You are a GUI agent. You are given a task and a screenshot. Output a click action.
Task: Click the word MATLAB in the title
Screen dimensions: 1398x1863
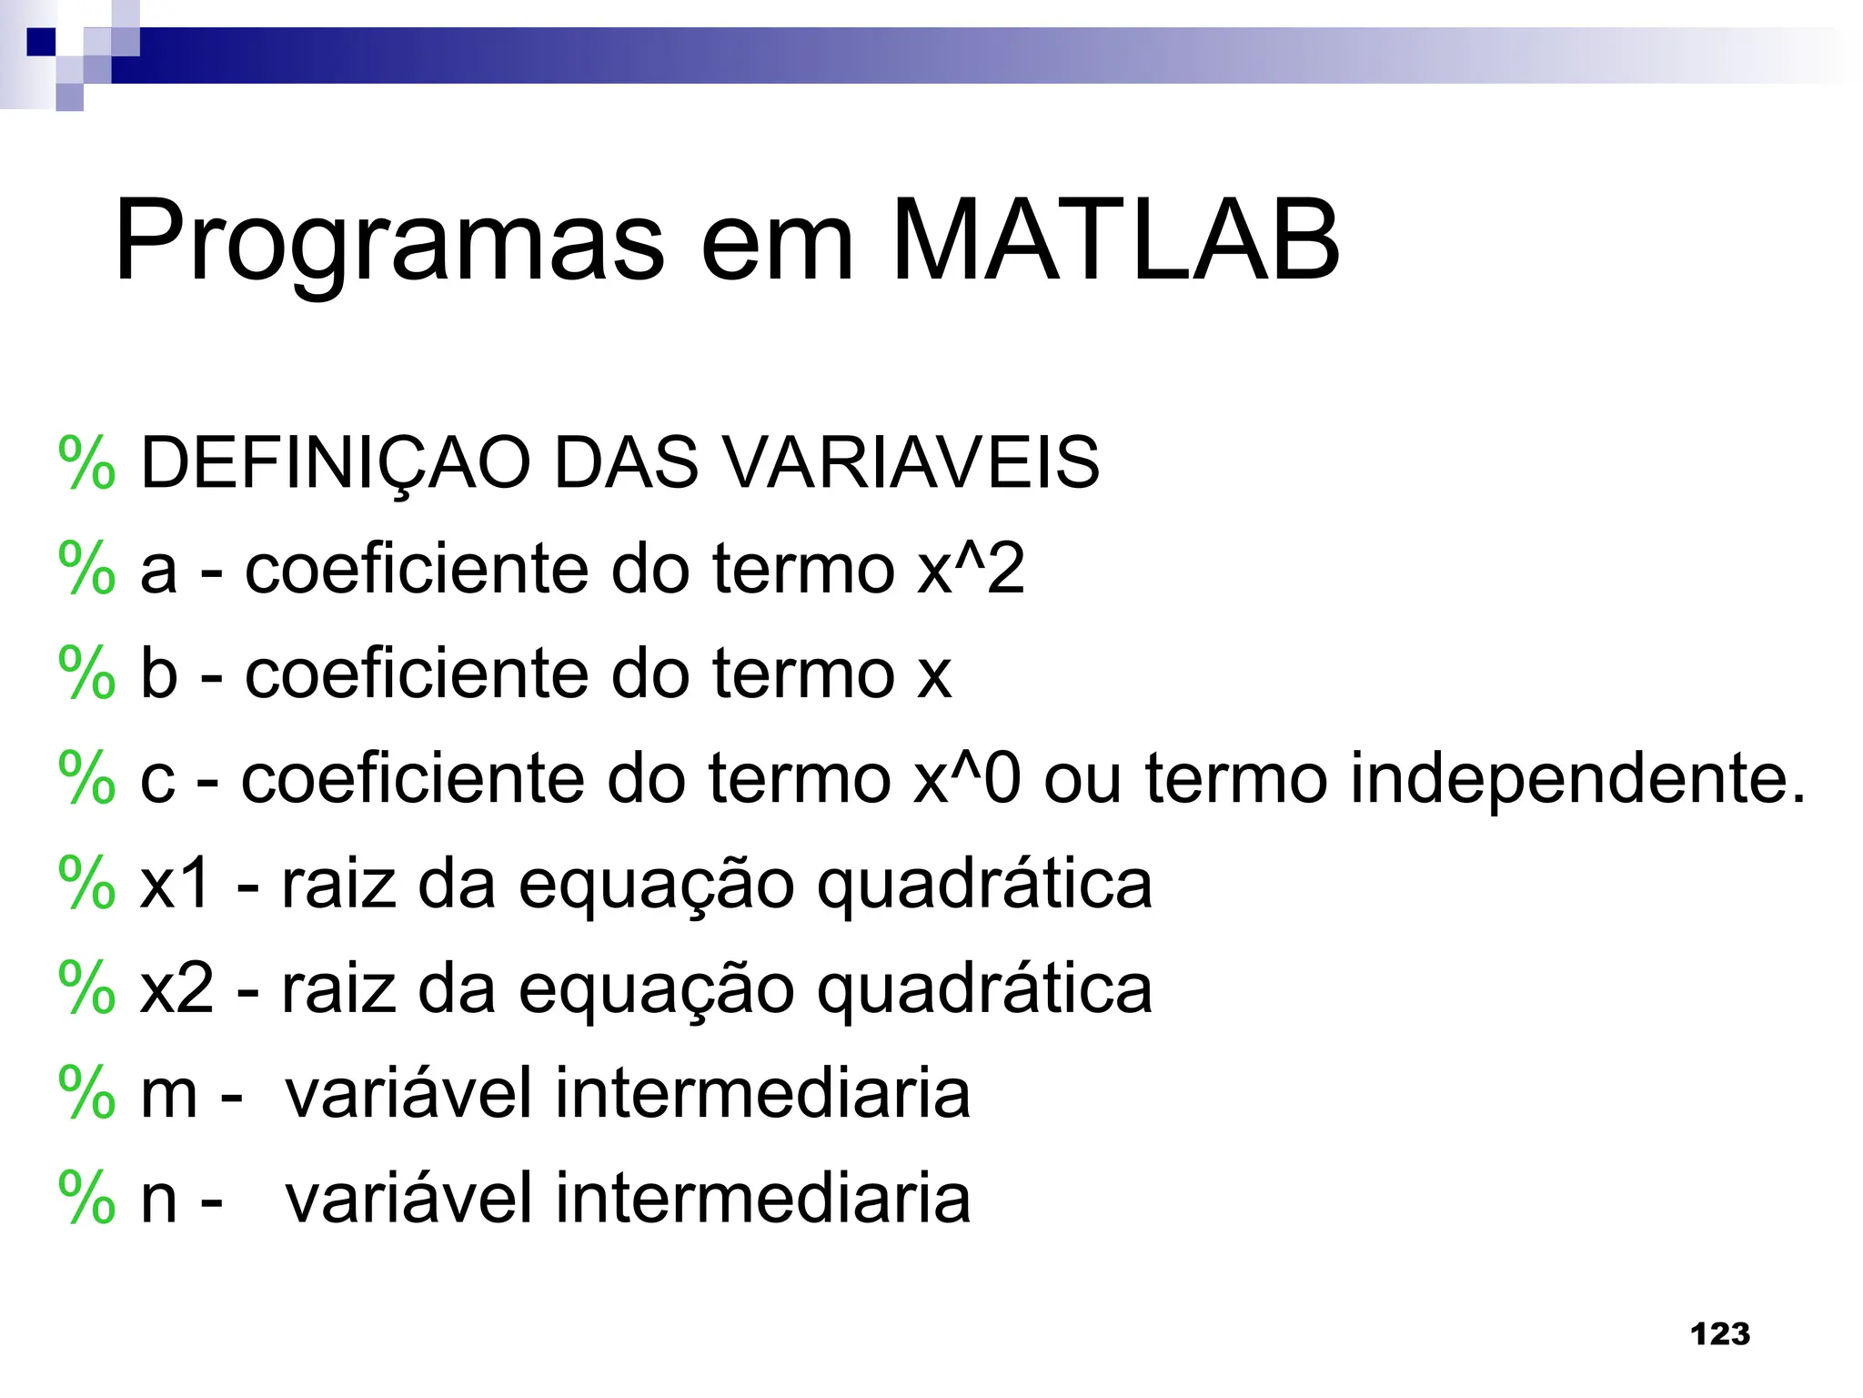pyautogui.click(x=1115, y=240)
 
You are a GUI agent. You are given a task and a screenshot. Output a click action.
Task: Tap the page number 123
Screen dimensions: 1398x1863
pyautogui.click(x=1719, y=1334)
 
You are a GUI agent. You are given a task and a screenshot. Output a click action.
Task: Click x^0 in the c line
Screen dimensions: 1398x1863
pyautogui.click(x=967, y=779)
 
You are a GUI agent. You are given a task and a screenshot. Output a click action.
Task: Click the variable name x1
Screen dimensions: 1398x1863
pyautogui.click(x=176, y=884)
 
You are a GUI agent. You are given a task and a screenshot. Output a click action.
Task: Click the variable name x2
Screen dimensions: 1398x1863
pyautogui.click(x=176, y=989)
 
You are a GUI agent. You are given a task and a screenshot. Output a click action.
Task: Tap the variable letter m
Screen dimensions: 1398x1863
pyautogui.click(x=168, y=1095)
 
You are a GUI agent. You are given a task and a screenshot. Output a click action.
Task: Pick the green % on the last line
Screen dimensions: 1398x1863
pyautogui.click(x=86, y=1199)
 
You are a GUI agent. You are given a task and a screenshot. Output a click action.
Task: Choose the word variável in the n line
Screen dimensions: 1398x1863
pyautogui.click(x=408, y=1199)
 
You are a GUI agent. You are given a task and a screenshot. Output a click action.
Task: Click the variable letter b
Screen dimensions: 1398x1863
pyautogui.click(x=158, y=674)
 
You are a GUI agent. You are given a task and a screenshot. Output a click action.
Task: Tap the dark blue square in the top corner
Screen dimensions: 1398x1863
pyautogui.click(x=41, y=42)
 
